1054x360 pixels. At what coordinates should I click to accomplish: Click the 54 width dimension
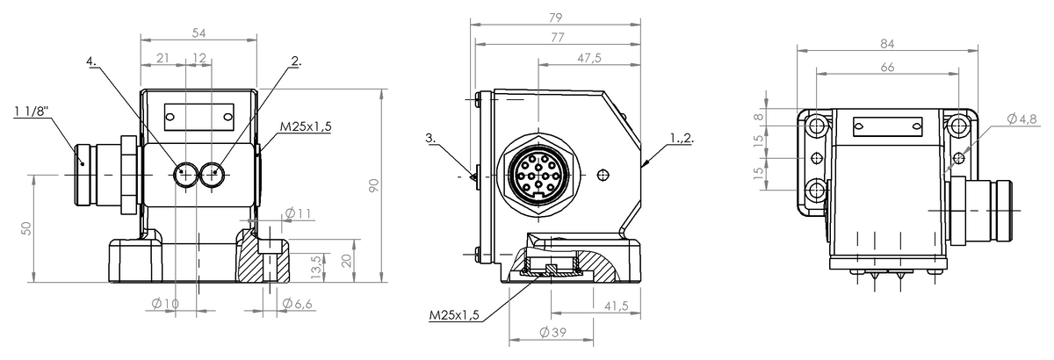[199, 33]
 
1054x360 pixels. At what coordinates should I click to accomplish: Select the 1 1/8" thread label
[32, 112]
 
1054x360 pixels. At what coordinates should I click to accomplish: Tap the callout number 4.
[91, 61]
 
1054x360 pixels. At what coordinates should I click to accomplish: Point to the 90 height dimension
[373, 185]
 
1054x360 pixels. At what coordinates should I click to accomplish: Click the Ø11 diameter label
[299, 213]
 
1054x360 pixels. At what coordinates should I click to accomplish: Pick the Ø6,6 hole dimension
[298, 304]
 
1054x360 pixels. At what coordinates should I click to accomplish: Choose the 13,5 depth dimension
[317, 267]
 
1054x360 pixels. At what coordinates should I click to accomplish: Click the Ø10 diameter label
[166, 304]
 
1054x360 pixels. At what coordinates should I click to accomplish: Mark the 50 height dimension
[27, 228]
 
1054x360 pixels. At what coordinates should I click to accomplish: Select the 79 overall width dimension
[556, 18]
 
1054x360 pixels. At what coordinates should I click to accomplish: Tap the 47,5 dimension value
[589, 58]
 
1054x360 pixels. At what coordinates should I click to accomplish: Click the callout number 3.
[430, 138]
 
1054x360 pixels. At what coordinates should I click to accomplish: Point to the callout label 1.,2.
[682, 138]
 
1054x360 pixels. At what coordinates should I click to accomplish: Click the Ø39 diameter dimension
[553, 333]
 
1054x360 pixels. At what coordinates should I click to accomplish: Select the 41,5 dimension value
[617, 306]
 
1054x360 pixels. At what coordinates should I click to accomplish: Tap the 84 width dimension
[887, 44]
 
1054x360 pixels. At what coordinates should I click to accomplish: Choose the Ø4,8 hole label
[1022, 119]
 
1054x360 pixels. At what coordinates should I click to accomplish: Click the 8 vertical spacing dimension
[758, 117]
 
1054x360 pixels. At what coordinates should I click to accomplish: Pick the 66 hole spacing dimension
[887, 68]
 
